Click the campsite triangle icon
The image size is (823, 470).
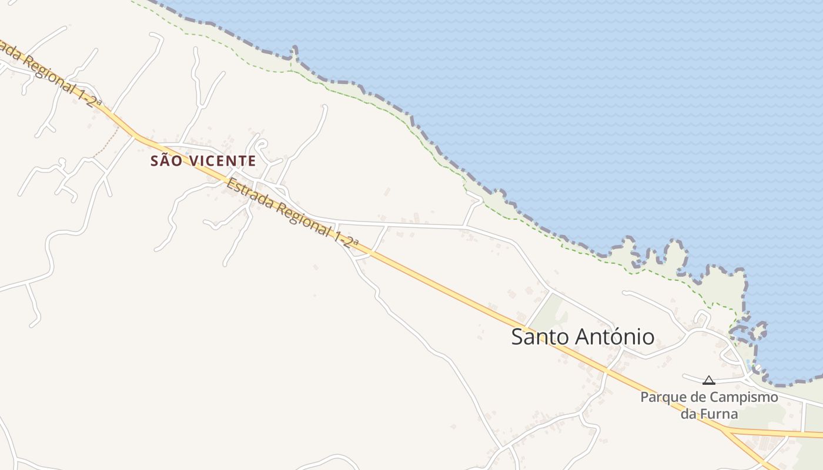pyautogui.click(x=709, y=380)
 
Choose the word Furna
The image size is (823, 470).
pyautogui.click(x=718, y=414)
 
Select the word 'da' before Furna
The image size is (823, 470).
pyautogui.click(x=688, y=414)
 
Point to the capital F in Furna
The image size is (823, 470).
pyautogui.click(x=702, y=414)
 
